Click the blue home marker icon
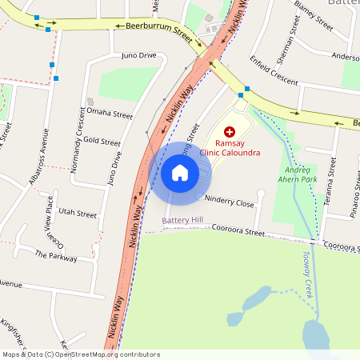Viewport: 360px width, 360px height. click(x=179, y=172)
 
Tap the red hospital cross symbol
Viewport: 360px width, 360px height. click(x=230, y=131)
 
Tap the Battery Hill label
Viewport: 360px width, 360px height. click(x=182, y=219)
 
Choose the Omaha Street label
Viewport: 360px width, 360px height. click(x=109, y=114)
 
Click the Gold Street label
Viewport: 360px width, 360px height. click(x=102, y=142)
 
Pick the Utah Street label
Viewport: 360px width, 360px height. click(x=78, y=214)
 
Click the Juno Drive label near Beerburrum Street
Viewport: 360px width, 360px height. click(x=138, y=55)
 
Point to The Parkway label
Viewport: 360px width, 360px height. click(x=56, y=256)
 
